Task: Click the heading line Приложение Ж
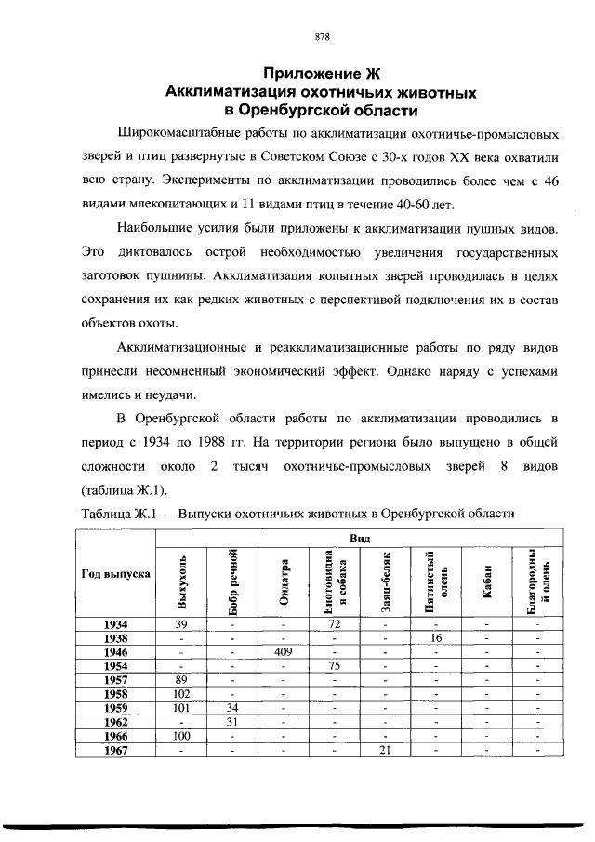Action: (322, 74)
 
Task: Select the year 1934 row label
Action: (116, 624)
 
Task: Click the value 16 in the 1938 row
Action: (436, 639)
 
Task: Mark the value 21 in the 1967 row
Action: (385, 750)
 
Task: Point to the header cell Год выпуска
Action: (116, 574)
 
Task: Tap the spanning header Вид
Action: (359, 538)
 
